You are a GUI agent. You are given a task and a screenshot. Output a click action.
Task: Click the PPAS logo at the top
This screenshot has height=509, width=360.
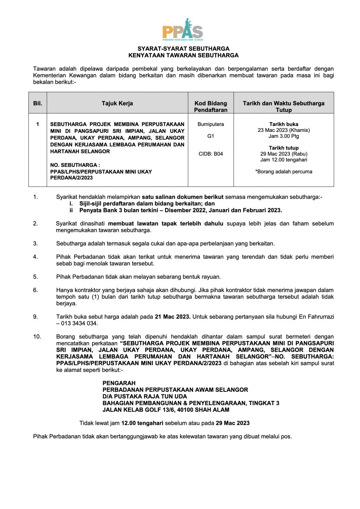(x=183, y=30)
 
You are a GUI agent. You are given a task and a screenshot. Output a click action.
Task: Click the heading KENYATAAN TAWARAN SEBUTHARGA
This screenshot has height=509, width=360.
(x=183, y=55)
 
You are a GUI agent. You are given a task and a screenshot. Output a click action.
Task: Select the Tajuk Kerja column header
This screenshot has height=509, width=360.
(x=117, y=103)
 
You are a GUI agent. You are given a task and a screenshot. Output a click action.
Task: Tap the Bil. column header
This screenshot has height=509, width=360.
(x=38, y=103)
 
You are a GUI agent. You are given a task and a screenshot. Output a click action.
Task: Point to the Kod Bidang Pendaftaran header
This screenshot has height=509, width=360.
(x=210, y=106)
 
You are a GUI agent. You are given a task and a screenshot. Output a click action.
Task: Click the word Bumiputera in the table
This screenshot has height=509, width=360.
(x=210, y=124)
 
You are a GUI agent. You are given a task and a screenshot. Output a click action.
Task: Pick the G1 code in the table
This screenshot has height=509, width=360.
(x=210, y=136)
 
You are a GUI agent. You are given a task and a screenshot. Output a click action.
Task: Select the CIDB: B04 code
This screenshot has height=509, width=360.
(x=210, y=154)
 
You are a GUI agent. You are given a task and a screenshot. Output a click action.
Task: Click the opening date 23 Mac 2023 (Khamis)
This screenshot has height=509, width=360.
(x=284, y=130)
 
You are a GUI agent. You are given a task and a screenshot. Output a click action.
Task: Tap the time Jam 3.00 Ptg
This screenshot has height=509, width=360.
(x=284, y=136)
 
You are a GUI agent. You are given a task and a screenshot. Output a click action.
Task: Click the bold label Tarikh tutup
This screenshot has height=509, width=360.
(x=284, y=148)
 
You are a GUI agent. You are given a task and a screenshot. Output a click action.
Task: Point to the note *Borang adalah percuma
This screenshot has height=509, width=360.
(x=284, y=172)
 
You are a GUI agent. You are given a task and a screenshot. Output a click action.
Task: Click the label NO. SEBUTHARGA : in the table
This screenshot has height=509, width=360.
(x=75, y=165)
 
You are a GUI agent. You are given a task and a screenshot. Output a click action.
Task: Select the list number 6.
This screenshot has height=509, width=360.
(x=35, y=290)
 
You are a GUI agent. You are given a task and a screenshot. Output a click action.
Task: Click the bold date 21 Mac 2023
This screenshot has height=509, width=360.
(x=172, y=317)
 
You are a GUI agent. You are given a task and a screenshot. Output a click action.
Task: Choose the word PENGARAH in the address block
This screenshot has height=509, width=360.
(x=119, y=383)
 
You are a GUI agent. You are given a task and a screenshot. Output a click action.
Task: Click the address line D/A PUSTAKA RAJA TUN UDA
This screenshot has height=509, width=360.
(x=145, y=396)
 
